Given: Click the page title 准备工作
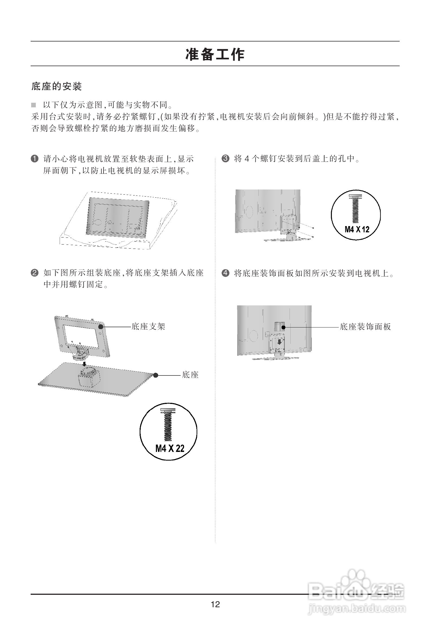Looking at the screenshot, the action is click(215, 54).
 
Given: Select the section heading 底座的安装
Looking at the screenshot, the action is click(57, 86).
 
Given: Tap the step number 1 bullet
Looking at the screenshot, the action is click(34, 159).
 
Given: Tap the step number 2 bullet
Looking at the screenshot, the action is click(34, 273).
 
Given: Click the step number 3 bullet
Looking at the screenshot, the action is click(225, 158).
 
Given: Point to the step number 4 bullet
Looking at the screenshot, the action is click(225, 273).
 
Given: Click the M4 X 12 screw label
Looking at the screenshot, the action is click(357, 229).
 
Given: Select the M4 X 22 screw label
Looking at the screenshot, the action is click(169, 448).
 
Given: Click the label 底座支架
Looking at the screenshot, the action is click(148, 326).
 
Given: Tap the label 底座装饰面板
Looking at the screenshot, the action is click(365, 327).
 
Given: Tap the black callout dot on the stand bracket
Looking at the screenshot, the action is click(101, 326).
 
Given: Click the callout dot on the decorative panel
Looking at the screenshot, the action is click(283, 327).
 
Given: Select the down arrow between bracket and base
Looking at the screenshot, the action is click(85, 364).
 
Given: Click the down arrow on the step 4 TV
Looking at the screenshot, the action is click(279, 342).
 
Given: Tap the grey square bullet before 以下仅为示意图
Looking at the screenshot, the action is click(34, 105).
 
